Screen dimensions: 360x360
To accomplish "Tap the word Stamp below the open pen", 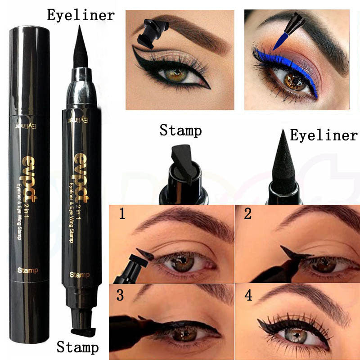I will (x=77, y=347).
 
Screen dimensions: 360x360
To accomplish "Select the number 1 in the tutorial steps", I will (x=122, y=214).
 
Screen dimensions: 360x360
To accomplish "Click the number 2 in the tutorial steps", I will (x=247, y=214).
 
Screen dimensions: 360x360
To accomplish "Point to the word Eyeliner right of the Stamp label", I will (x=324, y=135).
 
